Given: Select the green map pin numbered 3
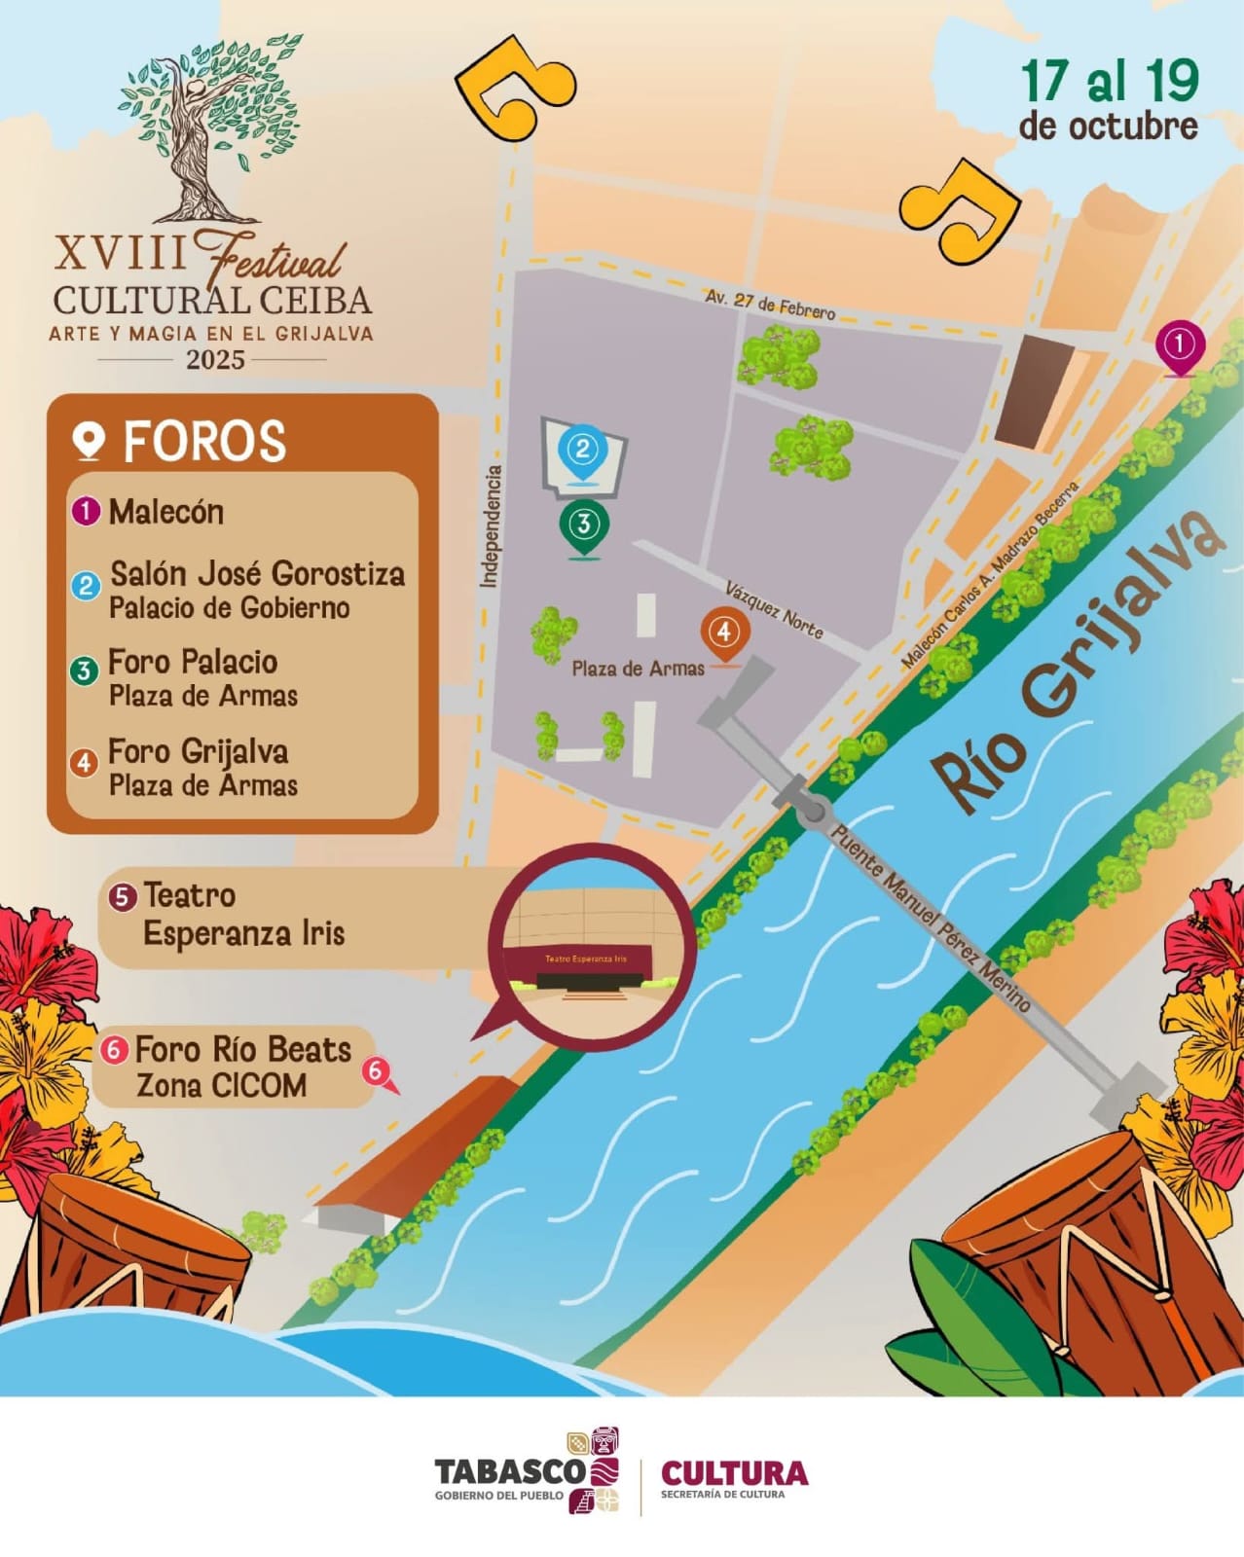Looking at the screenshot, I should point(583,525).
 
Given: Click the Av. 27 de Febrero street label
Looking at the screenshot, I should point(770,304).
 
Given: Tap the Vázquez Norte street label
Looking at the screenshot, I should point(775,609).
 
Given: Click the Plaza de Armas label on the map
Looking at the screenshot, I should point(638,669).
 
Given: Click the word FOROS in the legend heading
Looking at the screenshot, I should point(204,442).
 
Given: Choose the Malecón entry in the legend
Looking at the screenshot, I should point(165,512).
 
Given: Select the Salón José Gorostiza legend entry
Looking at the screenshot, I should point(257,574).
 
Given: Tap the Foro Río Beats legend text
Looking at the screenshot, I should point(242,1049).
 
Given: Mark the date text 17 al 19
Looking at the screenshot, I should point(1110,82).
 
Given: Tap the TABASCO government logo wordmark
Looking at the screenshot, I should point(509,1472).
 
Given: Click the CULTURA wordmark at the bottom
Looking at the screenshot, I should point(734,1472).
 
